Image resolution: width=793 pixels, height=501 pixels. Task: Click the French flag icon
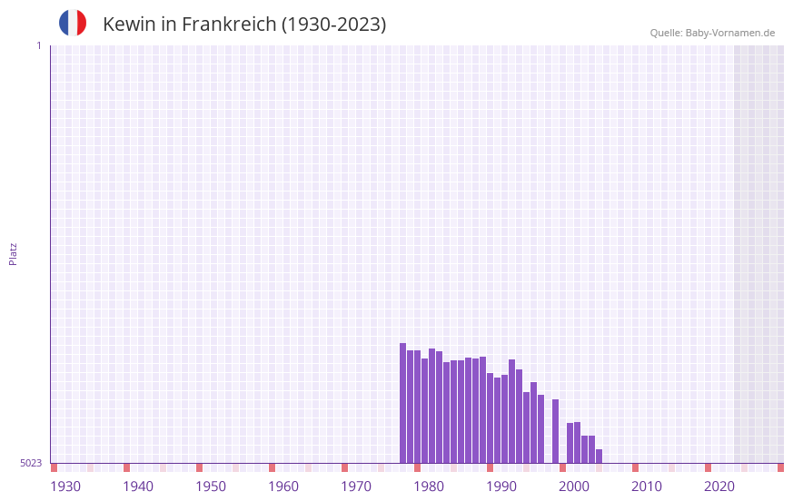point(73,23)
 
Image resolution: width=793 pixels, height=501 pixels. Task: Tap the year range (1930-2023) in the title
point(333,25)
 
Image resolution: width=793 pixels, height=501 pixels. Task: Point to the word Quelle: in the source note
point(666,33)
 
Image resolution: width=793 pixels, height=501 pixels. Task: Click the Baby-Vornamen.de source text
point(730,33)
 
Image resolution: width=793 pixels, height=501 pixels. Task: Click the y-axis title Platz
point(13,253)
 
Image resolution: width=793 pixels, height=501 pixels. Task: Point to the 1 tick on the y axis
point(38,45)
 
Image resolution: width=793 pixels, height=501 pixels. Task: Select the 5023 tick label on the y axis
point(31,463)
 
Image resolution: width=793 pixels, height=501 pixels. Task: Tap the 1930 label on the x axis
point(65,486)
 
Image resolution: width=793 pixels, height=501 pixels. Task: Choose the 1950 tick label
point(211,486)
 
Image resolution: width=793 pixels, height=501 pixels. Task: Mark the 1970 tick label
point(356,486)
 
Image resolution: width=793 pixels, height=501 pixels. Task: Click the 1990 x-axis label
point(501,486)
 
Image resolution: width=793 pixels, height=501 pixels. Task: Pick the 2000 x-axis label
point(574,486)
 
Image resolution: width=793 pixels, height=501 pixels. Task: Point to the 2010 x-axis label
point(647,486)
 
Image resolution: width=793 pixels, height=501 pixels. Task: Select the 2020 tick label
point(719,486)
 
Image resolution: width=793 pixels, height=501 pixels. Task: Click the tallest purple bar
point(402,403)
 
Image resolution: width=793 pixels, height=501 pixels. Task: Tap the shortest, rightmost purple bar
point(599,456)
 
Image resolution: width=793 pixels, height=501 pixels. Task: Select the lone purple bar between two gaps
point(555,431)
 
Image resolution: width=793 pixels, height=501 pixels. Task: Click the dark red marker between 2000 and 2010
point(635,467)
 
